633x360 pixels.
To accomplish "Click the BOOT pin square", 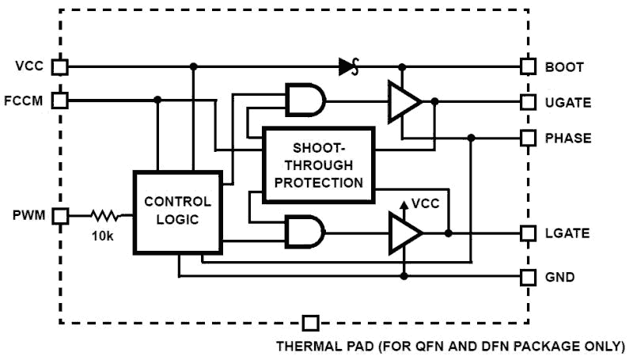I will [x=528, y=66].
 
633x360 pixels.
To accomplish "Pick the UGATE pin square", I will [x=528, y=102].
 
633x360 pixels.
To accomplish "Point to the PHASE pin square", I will [x=528, y=138].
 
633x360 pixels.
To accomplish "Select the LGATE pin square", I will [x=528, y=233].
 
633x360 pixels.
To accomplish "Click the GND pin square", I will [x=528, y=277].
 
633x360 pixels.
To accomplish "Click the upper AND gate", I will [x=305, y=101].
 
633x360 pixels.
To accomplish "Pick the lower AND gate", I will [x=305, y=233].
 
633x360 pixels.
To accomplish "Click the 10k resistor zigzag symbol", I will [x=104, y=214].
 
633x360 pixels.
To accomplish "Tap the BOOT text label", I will [x=564, y=67].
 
